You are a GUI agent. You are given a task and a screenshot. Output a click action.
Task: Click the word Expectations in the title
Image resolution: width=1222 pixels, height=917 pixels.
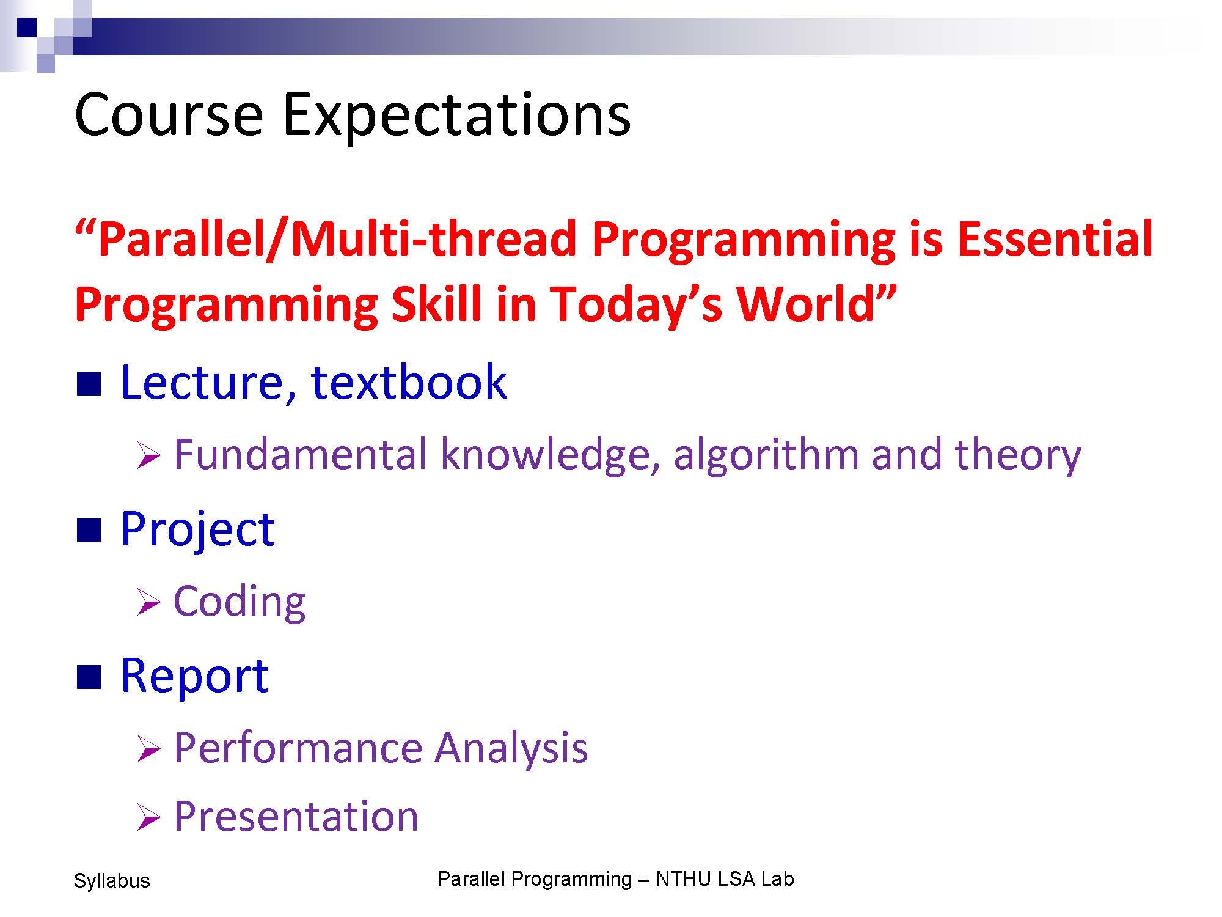click(456, 116)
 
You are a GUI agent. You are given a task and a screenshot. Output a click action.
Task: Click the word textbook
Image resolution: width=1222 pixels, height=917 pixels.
click(409, 381)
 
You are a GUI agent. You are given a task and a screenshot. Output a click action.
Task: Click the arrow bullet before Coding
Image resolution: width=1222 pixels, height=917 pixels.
click(148, 602)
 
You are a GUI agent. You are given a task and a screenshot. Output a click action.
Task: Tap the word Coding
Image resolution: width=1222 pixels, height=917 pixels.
click(240, 602)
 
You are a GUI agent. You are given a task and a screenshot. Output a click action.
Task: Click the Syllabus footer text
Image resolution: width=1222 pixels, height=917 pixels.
click(112, 881)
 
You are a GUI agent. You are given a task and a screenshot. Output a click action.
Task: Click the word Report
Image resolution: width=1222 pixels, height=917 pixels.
click(194, 676)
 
